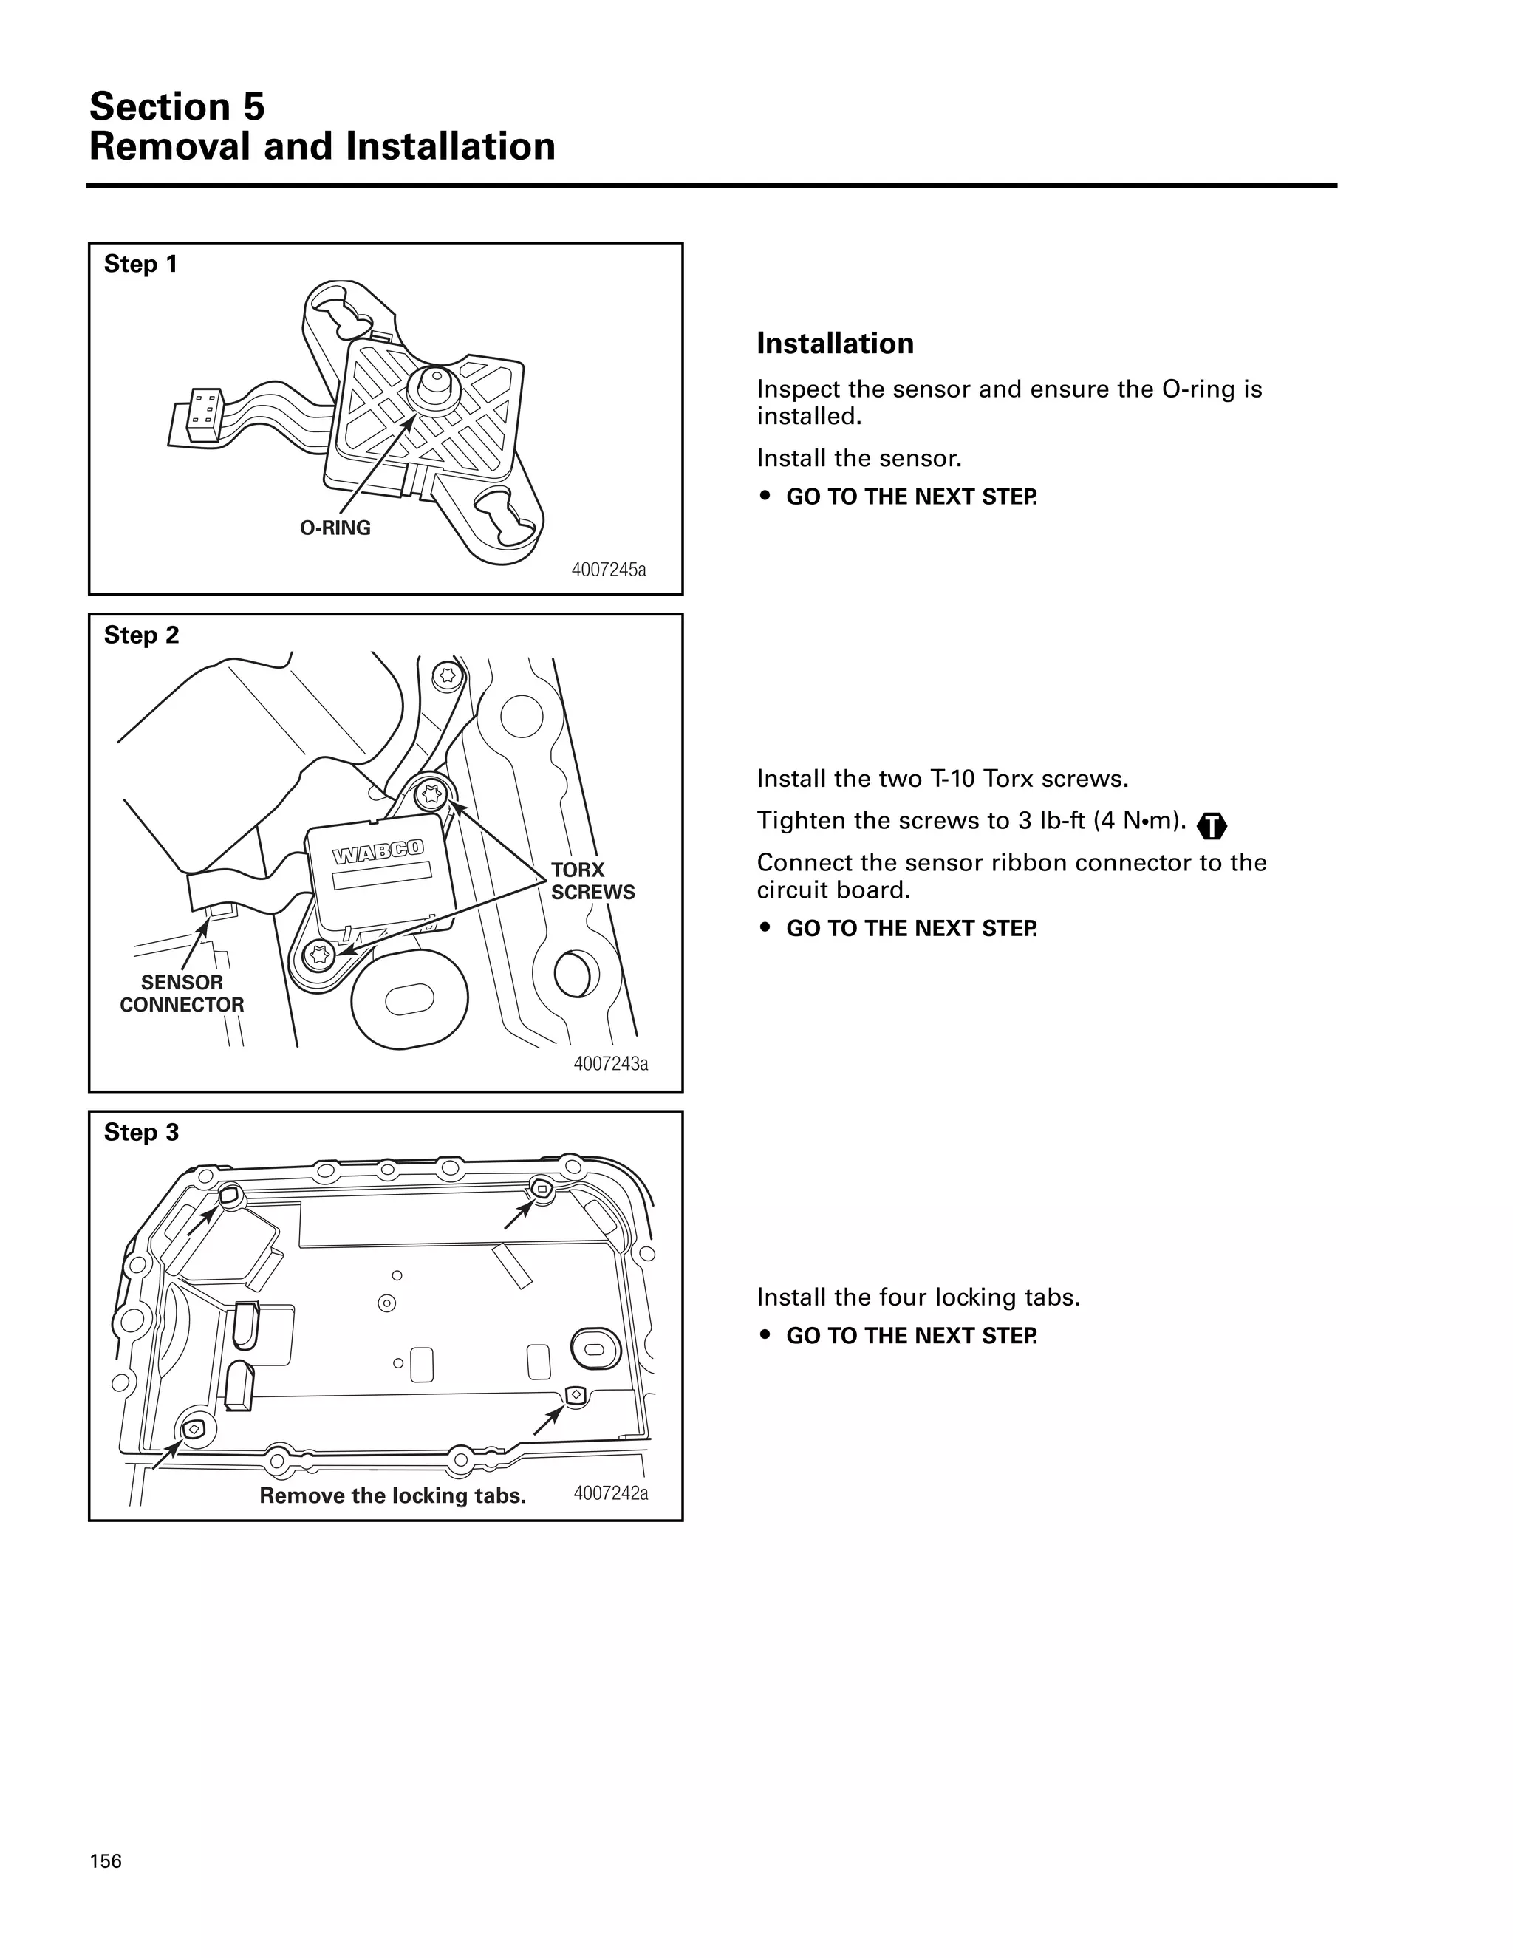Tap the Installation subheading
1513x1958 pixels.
(x=835, y=344)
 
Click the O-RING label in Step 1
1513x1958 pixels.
(x=335, y=528)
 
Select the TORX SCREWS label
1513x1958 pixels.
(x=592, y=881)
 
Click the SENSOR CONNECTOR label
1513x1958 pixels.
(x=182, y=993)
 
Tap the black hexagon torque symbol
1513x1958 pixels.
(x=1212, y=825)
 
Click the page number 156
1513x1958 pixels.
(x=106, y=1861)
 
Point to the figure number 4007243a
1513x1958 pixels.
(x=610, y=1063)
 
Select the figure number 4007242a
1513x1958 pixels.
(x=610, y=1493)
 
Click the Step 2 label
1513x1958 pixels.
(x=142, y=635)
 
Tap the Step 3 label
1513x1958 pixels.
(x=142, y=1132)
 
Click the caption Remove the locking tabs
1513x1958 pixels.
(x=392, y=1495)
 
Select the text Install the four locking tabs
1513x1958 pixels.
(x=918, y=1297)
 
